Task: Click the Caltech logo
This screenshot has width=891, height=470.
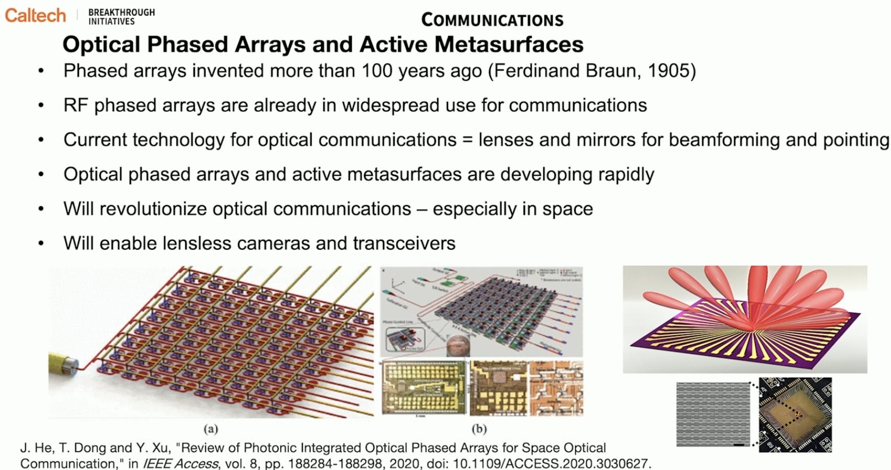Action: [35, 15]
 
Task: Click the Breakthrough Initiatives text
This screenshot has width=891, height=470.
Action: [121, 17]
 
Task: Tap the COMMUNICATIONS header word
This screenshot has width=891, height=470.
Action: [492, 20]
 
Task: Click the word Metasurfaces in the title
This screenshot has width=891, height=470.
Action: [509, 44]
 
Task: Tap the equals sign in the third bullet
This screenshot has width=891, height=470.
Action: [467, 140]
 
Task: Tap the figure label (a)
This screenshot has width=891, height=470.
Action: [210, 429]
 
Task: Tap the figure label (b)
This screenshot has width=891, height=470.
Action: [479, 429]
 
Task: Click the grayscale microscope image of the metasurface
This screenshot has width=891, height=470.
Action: [712, 414]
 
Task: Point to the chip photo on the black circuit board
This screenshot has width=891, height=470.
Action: [795, 415]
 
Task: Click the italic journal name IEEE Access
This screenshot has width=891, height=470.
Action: [180, 464]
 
